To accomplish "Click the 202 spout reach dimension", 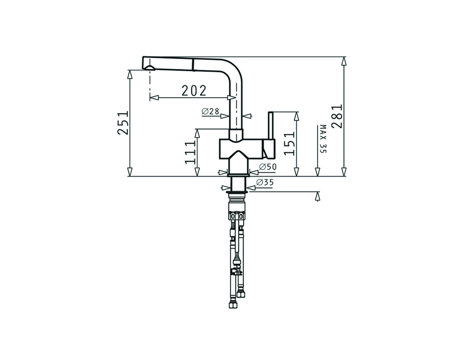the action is (194, 91).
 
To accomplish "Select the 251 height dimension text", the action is (123, 123).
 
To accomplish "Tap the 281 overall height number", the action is (336, 117).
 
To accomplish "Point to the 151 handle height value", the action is (289, 144).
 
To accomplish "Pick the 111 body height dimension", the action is (190, 152).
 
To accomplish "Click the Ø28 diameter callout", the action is (210, 111).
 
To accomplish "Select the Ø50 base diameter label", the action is (268, 167).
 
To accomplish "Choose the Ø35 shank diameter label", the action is (265, 182).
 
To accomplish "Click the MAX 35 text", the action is (323, 139).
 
